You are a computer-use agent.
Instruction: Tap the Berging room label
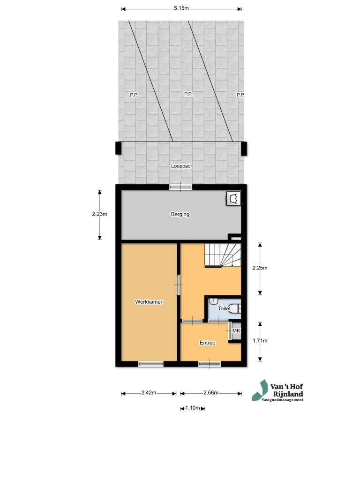coord(180,215)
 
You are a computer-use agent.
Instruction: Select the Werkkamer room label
coord(149,302)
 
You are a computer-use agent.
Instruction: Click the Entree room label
coord(208,343)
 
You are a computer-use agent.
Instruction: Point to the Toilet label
coord(224,309)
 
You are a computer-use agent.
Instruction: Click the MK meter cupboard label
coord(236,331)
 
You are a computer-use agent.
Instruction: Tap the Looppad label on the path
coord(181,166)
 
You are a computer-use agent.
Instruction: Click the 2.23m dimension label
coord(100,215)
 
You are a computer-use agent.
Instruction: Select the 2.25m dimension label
coord(260,269)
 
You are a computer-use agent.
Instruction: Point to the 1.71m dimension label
coord(260,341)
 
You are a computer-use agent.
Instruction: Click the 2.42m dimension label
coord(149,393)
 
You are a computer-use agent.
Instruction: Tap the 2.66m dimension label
coord(211,393)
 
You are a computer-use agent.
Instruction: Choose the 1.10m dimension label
coord(193,408)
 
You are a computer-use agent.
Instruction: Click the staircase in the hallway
coord(222,256)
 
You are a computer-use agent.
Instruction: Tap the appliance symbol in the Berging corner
coord(233,199)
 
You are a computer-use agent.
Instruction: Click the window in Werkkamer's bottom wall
coord(151,364)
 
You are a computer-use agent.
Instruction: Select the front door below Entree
coord(210,364)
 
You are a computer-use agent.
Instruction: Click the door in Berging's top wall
coord(180,187)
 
